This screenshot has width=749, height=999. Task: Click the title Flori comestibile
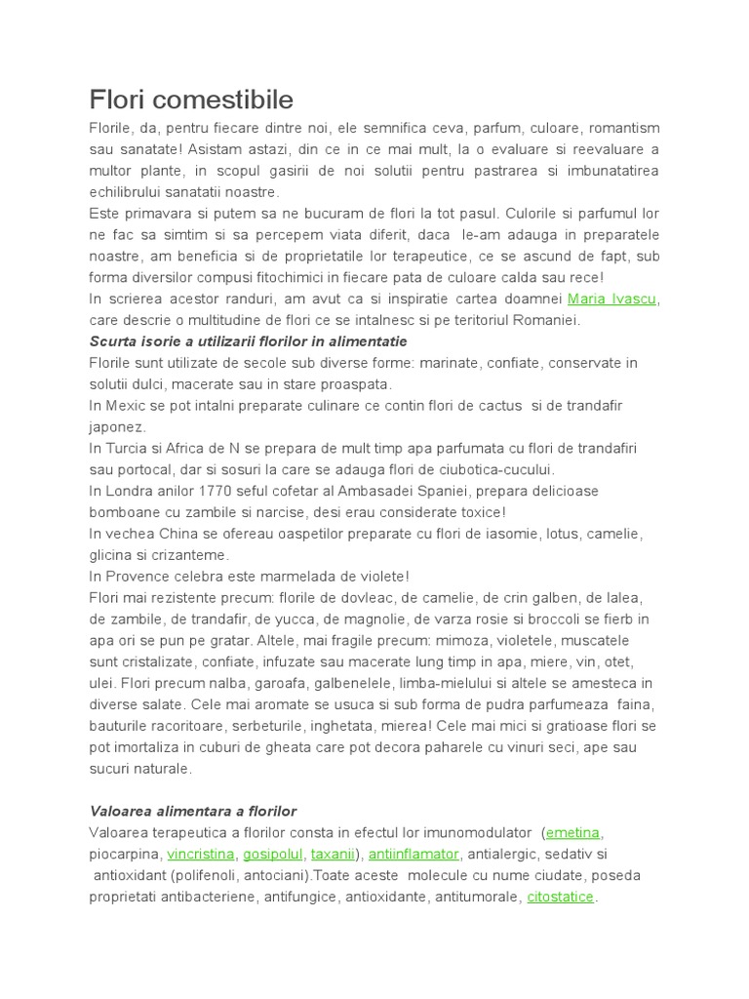[x=191, y=100]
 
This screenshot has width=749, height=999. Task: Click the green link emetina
[x=573, y=832]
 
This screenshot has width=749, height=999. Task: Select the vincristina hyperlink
[x=201, y=854]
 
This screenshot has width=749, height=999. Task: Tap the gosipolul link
[x=274, y=854]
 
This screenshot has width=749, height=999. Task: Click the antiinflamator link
[x=414, y=854]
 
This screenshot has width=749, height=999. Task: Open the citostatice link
[x=560, y=897]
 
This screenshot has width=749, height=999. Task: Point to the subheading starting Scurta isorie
[x=248, y=341]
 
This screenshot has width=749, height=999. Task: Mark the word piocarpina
[x=124, y=854]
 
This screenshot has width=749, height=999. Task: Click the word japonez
[x=117, y=427]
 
